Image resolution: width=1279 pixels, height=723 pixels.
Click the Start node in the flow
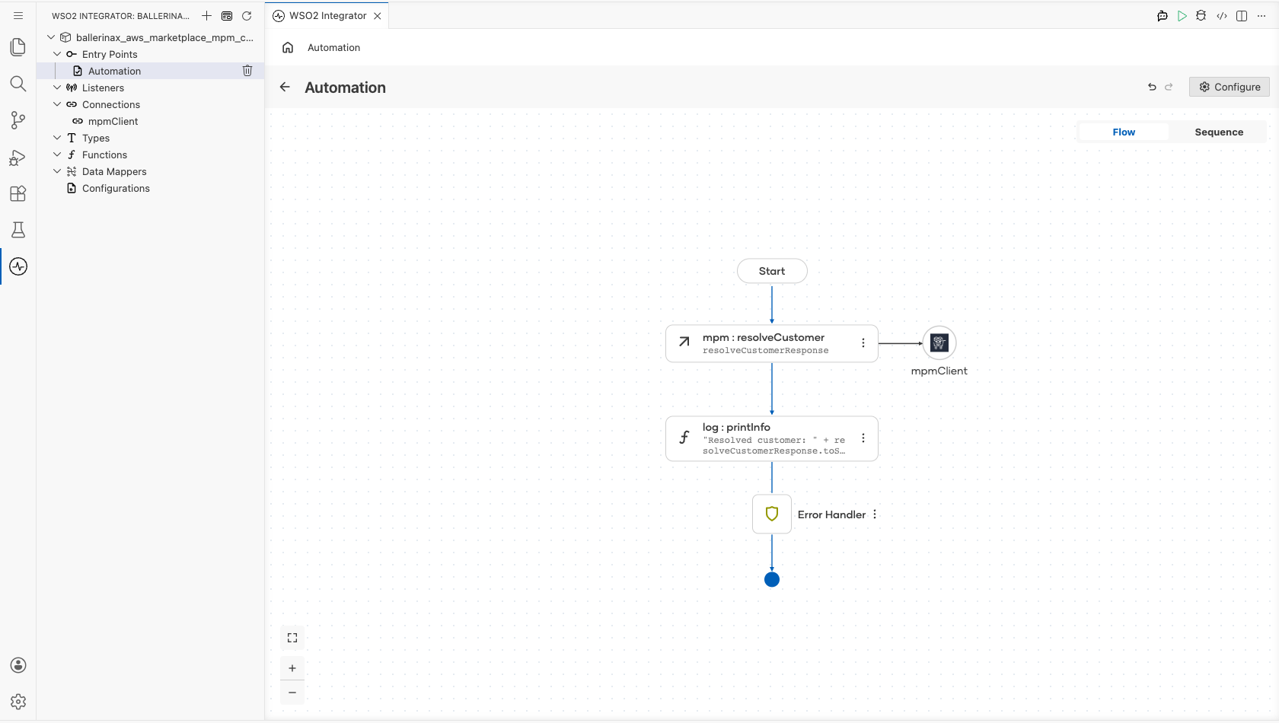coord(772,271)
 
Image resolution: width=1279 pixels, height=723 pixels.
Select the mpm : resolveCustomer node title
coord(764,337)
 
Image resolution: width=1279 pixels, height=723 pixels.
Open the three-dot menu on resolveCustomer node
coord(863,343)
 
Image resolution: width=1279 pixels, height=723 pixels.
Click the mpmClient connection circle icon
coord(939,343)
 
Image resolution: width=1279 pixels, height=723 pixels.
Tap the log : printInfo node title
coord(736,427)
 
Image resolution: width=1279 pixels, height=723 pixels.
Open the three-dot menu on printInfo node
coord(863,438)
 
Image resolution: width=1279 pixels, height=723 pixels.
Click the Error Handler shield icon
coord(772,514)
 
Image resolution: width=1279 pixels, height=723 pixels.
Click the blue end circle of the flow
coord(772,580)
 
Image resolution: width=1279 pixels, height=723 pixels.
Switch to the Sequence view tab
coord(1219,132)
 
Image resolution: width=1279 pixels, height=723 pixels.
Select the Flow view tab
coord(1124,132)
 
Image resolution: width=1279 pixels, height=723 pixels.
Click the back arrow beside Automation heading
coord(285,88)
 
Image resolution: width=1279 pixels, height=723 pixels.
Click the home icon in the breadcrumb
coord(288,47)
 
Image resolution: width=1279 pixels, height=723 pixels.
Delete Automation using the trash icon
coord(247,71)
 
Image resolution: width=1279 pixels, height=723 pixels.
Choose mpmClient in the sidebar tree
coord(113,121)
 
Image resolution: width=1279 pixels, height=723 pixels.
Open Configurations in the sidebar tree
coord(116,188)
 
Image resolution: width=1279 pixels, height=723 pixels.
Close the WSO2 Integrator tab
coord(378,16)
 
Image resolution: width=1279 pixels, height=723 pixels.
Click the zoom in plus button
coord(292,668)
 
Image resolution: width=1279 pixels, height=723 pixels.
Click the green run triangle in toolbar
coord(1182,16)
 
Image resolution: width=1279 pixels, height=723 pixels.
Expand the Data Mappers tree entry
coord(57,171)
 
